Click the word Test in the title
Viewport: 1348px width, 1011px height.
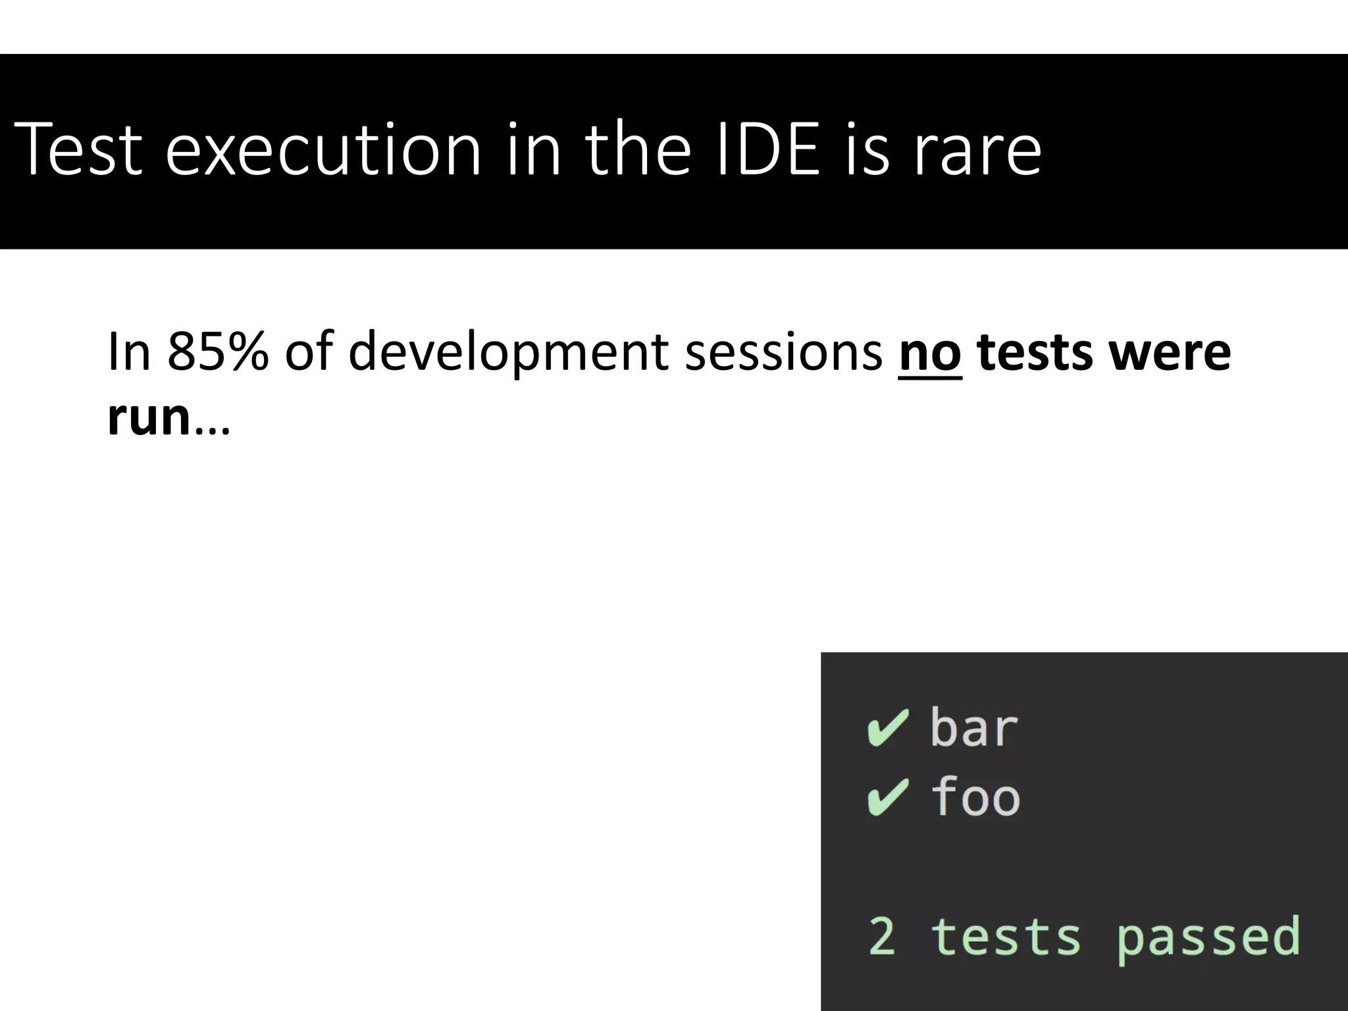(x=78, y=149)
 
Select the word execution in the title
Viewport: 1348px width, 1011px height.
(x=323, y=149)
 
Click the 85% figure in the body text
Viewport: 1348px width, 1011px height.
(x=218, y=352)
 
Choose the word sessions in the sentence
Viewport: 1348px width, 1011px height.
(x=783, y=352)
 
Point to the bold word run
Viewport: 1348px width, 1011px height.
(x=149, y=417)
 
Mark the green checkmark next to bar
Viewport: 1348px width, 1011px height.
(x=888, y=728)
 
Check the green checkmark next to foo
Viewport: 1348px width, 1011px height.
(x=888, y=797)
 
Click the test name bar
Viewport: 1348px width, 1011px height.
(x=973, y=728)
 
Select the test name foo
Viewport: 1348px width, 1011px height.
(x=975, y=796)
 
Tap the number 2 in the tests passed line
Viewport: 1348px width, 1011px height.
(x=882, y=936)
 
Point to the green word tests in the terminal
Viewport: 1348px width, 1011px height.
(x=1006, y=936)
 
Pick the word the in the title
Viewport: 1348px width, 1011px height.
(x=638, y=149)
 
